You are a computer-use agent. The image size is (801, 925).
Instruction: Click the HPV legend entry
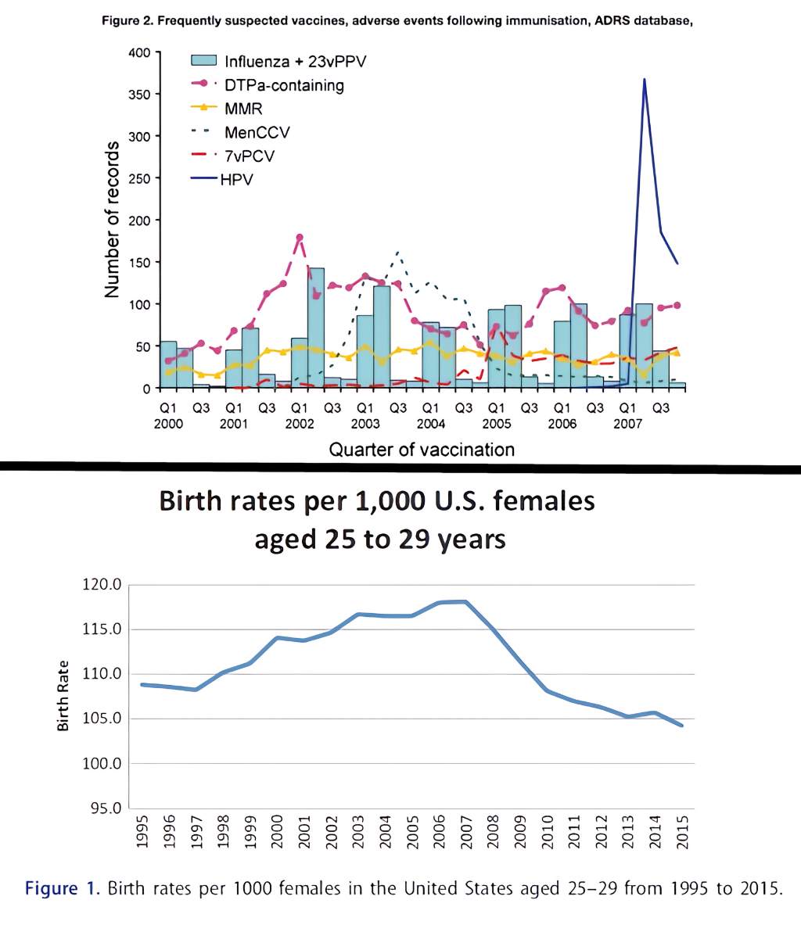(236, 179)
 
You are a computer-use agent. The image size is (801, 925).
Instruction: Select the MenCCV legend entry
(257, 132)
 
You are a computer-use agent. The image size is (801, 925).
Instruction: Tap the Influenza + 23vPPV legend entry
(295, 62)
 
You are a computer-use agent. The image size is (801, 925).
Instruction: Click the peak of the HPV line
(644, 79)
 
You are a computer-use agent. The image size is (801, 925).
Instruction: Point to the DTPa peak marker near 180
(299, 238)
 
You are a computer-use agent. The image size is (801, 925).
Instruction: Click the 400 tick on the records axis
(139, 52)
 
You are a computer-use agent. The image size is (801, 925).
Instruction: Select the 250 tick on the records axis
(139, 178)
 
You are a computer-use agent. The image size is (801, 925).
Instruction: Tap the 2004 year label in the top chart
(430, 424)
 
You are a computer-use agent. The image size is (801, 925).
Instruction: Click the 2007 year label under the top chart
(627, 424)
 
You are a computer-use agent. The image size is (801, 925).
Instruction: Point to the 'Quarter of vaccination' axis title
(422, 450)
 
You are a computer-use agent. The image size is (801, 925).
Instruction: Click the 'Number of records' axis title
(112, 220)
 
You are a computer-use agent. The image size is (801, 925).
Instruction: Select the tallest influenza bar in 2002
(315, 327)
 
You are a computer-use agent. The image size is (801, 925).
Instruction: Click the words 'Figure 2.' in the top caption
(128, 21)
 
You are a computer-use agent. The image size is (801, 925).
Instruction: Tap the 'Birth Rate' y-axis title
(63, 696)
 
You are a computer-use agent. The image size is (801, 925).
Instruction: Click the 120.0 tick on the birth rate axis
(102, 585)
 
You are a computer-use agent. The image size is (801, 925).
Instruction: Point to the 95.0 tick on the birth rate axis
(105, 808)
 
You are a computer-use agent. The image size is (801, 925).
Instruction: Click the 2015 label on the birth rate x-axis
(683, 830)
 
